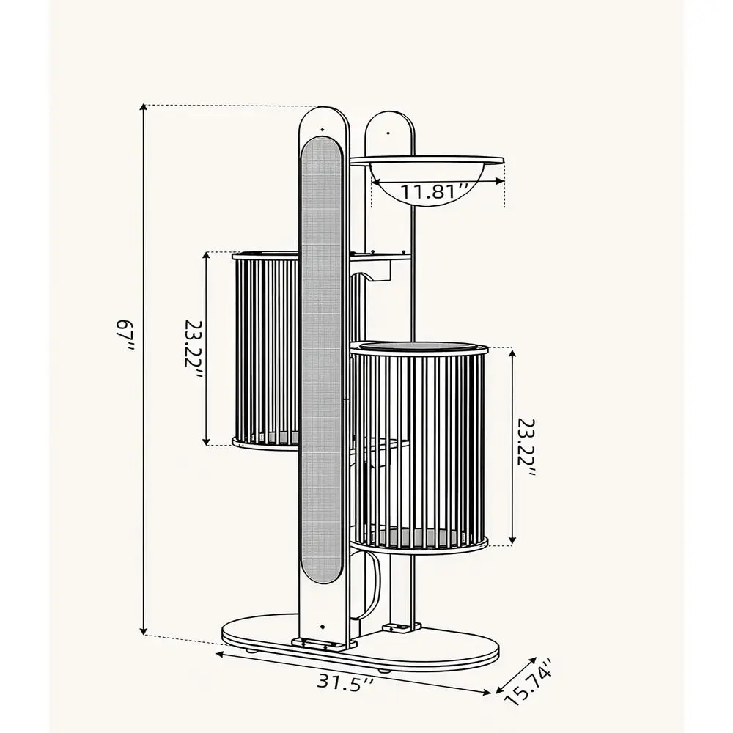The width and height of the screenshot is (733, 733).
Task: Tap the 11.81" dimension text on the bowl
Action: point(433,191)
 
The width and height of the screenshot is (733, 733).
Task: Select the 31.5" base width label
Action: point(345,682)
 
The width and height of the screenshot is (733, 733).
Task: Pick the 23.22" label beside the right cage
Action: point(526,446)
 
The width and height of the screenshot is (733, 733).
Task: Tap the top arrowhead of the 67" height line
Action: point(144,108)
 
